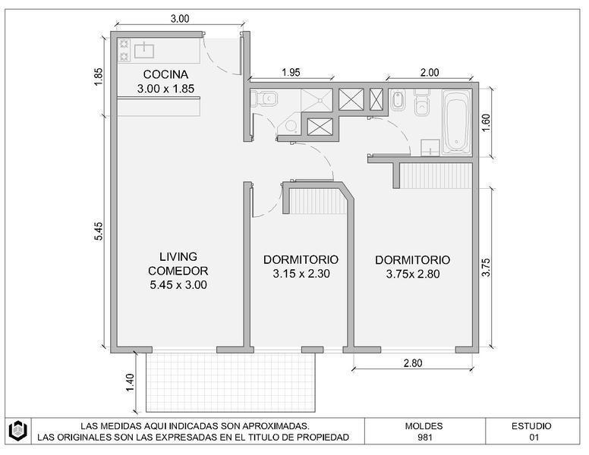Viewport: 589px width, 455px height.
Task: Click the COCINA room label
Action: (165, 74)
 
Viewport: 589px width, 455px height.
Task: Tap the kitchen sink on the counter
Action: (144, 51)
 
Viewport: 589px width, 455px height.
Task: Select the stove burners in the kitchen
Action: (124, 50)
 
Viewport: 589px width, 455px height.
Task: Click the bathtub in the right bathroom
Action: (456, 121)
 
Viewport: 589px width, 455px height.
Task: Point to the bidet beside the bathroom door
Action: (397, 101)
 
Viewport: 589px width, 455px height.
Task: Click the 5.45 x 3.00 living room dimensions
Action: (178, 285)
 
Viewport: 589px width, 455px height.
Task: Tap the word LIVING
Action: (178, 257)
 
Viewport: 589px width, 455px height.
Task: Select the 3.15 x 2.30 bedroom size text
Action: (301, 274)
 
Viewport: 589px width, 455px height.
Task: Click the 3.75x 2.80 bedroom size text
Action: (413, 274)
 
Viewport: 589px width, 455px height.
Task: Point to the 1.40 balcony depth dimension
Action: (130, 382)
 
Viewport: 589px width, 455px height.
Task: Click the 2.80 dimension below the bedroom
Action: (413, 363)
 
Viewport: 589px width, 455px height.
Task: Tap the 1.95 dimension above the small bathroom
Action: (291, 73)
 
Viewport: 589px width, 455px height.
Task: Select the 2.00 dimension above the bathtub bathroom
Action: (430, 73)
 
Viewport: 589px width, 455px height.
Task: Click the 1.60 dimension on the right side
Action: (486, 122)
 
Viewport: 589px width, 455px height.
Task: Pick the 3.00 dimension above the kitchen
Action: (180, 19)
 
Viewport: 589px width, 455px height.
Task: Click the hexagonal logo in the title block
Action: (18, 431)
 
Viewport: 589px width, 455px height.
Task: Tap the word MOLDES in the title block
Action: (424, 426)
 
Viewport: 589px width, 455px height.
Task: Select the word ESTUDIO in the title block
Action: (531, 426)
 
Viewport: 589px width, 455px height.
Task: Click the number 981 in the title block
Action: (424, 438)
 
